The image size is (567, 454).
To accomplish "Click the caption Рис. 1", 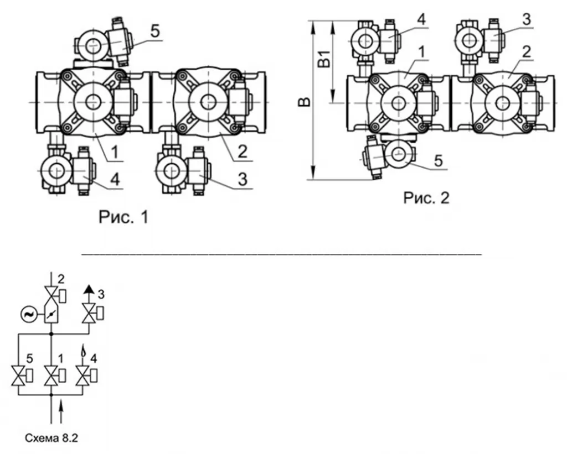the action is pyautogui.click(x=123, y=217).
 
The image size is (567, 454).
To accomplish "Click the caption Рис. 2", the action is pyautogui.click(x=426, y=197).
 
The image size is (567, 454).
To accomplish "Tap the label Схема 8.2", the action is pyautogui.click(x=51, y=438).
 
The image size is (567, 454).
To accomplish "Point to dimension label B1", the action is pyautogui.click(x=324, y=59).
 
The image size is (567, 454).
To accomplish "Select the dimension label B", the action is pyautogui.click(x=305, y=102).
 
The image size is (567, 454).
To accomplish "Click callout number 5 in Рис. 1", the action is pyautogui.click(x=155, y=31).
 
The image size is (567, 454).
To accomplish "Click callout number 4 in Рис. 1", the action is pyautogui.click(x=115, y=180).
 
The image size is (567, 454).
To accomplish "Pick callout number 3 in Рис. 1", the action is pyautogui.click(x=243, y=180).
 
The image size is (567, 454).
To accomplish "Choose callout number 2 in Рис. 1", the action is pyautogui.click(x=243, y=152).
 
